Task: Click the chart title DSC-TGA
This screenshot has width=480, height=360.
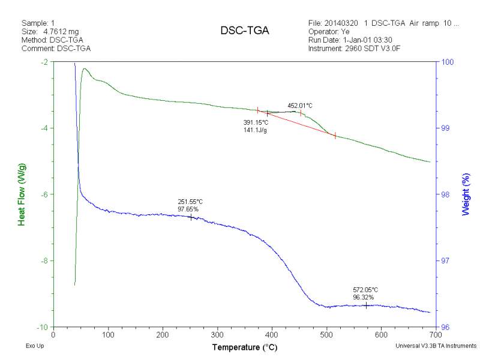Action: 244,31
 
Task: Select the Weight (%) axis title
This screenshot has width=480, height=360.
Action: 466,194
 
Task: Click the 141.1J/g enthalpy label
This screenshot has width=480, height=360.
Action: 255,130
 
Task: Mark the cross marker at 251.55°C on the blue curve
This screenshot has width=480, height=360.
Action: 191,217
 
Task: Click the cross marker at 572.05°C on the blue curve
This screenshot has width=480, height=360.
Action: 366,305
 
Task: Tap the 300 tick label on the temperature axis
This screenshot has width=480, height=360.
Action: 217,334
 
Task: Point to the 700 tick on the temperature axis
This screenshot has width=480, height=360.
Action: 436,334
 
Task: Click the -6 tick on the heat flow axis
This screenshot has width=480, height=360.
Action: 44,194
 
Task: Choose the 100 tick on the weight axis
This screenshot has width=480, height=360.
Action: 447,62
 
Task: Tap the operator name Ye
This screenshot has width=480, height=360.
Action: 346,32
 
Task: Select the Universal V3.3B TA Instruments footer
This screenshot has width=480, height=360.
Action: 436,346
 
